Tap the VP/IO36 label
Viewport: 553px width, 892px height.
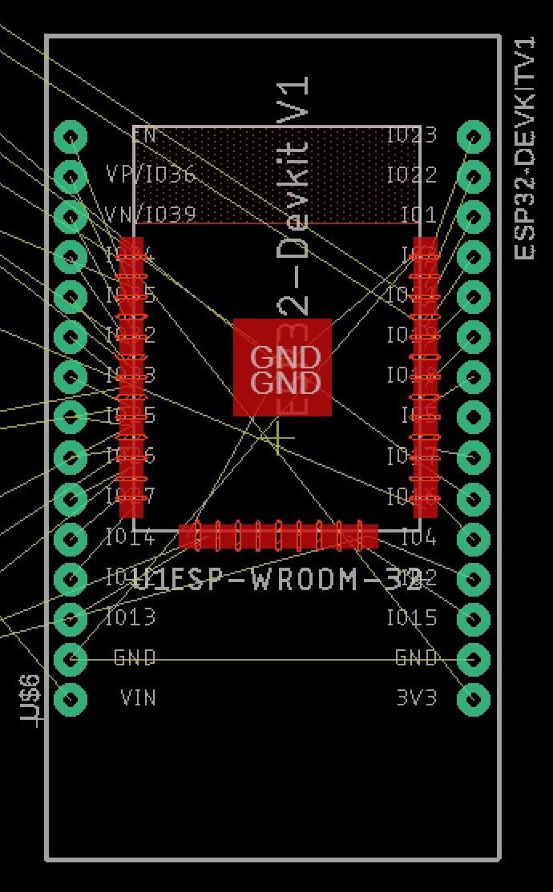point(151,175)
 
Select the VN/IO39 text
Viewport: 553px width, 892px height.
point(151,215)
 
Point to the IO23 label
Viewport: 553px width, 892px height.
point(412,135)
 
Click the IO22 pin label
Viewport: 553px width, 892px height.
point(412,175)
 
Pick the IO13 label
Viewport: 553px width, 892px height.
point(131,617)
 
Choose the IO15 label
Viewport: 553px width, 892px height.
point(412,617)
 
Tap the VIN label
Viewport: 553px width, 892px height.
point(138,698)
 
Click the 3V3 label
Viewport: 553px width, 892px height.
point(417,698)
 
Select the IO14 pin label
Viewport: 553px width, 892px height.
point(131,536)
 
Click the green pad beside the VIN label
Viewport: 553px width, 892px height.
point(71,699)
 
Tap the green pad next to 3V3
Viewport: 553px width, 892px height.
point(474,699)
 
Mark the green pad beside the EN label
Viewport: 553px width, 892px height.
point(71,136)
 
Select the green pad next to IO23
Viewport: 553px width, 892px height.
point(474,136)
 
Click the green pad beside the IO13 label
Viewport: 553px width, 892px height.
point(71,618)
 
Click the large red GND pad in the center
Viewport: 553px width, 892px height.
point(282,368)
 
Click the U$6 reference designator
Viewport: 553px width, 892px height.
point(30,700)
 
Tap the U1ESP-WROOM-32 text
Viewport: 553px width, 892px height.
point(277,579)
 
